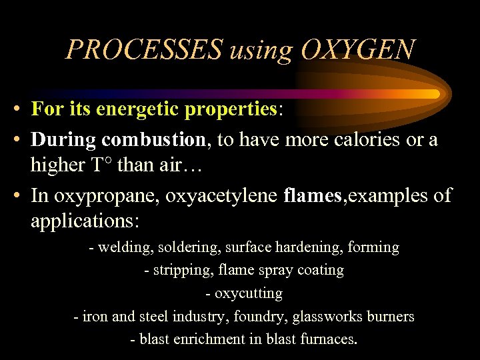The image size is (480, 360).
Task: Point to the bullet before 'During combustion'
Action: click(x=21, y=141)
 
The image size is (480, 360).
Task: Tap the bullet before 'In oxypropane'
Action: click(x=21, y=196)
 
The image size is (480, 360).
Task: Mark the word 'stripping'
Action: click(x=180, y=271)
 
